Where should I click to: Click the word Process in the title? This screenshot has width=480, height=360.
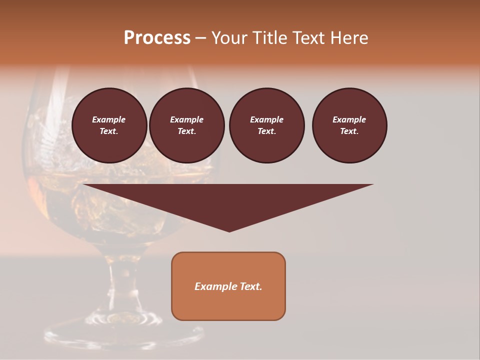[157, 38]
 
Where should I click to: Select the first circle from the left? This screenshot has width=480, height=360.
[109, 125]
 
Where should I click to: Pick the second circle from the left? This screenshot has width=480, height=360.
[187, 125]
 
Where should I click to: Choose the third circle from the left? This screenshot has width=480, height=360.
[266, 125]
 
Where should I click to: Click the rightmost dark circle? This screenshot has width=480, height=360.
[349, 125]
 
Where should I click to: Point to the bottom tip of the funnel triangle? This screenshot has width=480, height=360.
[229, 231]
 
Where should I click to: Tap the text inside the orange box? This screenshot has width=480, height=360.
[228, 286]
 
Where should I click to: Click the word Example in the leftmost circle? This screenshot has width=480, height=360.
[109, 120]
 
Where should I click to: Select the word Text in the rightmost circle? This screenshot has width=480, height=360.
[349, 131]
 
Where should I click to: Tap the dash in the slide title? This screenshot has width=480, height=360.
[200, 38]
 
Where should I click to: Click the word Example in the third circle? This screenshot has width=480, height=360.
[266, 120]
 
